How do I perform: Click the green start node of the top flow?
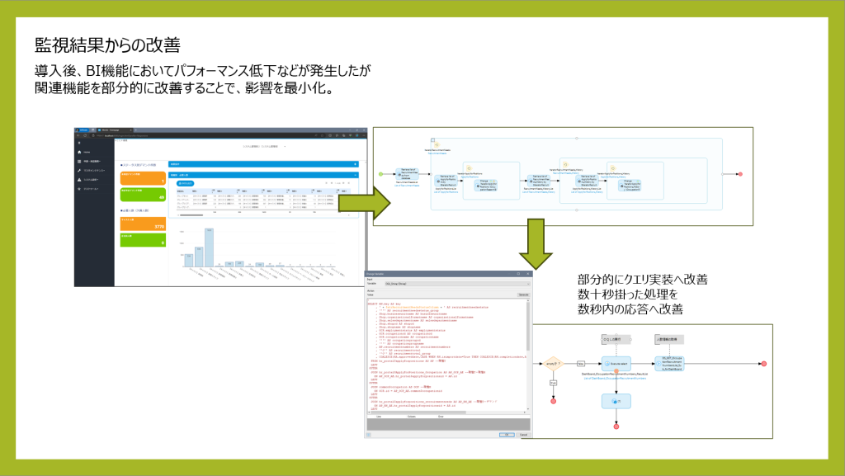380,174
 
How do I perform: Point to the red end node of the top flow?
740,174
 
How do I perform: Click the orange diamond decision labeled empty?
552,363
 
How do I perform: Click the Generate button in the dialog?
522,295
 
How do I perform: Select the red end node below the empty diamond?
552,402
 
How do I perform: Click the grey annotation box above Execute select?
611,338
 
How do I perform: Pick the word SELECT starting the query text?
371,304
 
